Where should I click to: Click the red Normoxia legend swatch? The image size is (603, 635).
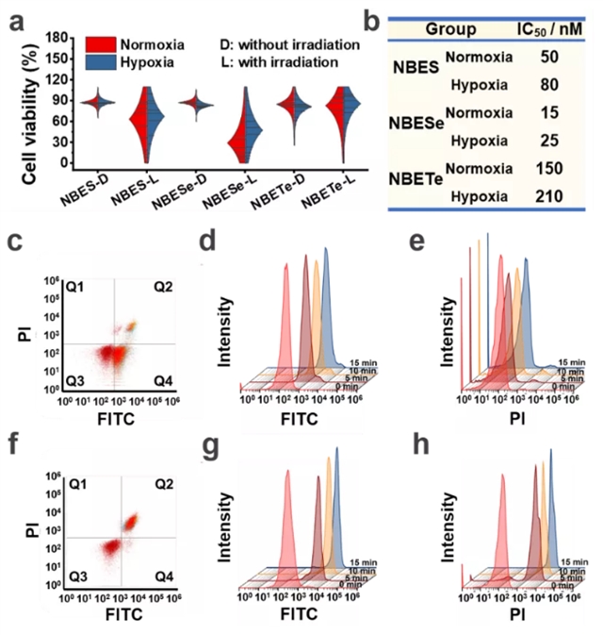coord(103,43)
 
